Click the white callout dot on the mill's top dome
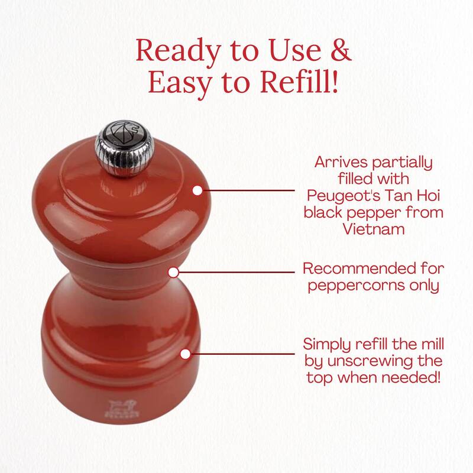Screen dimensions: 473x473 click(x=197, y=190)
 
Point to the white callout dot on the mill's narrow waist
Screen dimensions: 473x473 click(x=174, y=273)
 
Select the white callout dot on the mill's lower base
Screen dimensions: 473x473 click(x=185, y=355)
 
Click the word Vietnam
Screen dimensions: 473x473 click(x=373, y=228)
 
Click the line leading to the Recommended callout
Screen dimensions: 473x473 click(x=237, y=273)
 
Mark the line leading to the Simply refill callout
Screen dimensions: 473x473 click(x=242, y=355)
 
